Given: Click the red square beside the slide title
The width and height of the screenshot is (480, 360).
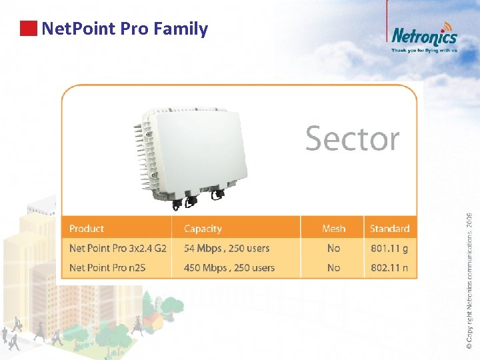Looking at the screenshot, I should pyautogui.click(x=28, y=29).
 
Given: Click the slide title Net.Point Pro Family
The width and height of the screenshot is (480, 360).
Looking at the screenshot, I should pyautogui.click(x=125, y=29).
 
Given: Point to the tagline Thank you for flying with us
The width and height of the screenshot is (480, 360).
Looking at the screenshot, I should pyautogui.click(x=424, y=50).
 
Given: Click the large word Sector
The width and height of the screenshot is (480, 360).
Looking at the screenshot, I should pyautogui.click(x=352, y=139).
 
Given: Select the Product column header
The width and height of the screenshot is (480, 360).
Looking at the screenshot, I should pyautogui.click(x=87, y=229).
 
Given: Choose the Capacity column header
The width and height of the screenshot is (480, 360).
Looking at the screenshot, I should pyautogui.click(x=203, y=229).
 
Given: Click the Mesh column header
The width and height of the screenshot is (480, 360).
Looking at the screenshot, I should pyautogui.click(x=333, y=229).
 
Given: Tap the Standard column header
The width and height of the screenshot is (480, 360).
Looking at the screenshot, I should pyautogui.click(x=389, y=229).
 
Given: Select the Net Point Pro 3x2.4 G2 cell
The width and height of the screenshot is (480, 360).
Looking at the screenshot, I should pyautogui.click(x=118, y=248).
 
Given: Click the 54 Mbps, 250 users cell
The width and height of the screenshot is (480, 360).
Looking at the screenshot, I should pyautogui.click(x=227, y=248).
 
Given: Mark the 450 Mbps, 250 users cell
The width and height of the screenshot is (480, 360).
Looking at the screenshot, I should pyautogui.click(x=229, y=268).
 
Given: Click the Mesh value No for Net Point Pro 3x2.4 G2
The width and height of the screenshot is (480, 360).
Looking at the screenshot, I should pyautogui.click(x=333, y=248).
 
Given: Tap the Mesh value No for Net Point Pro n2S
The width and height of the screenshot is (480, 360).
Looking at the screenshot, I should pyautogui.click(x=333, y=268).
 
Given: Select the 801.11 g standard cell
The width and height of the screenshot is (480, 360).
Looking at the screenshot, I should pyautogui.click(x=389, y=248).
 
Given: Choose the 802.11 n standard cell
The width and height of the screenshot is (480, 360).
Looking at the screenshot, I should pyautogui.click(x=389, y=268).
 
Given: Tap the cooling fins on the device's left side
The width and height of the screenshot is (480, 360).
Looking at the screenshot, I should pyautogui.click(x=141, y=153).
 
